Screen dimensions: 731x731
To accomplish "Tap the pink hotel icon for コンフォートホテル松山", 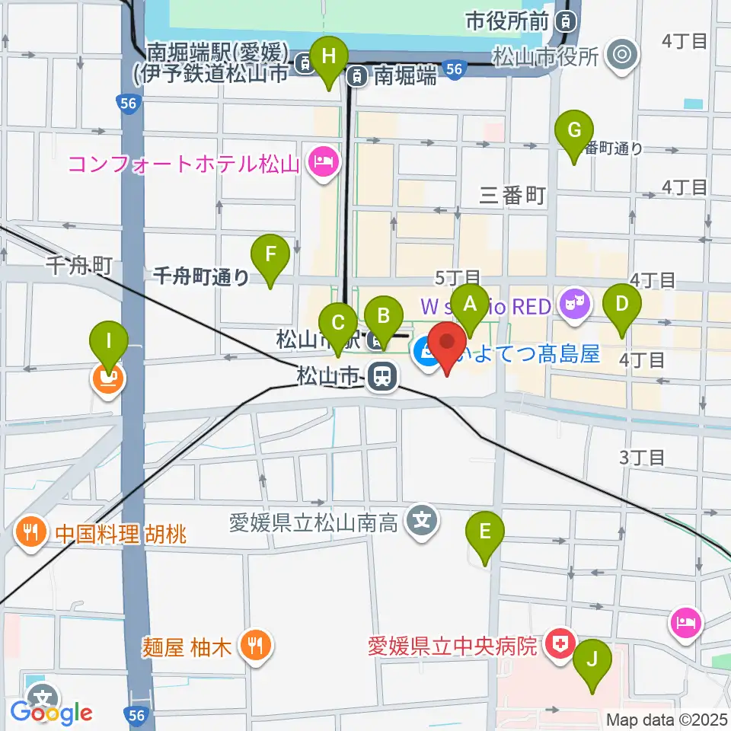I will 323,163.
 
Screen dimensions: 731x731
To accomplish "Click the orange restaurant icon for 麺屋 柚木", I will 251,646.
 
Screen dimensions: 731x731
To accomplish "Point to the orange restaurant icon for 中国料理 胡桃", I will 30,532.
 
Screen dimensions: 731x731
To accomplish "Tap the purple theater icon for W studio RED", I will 571,305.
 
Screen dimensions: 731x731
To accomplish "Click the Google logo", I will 51,713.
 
